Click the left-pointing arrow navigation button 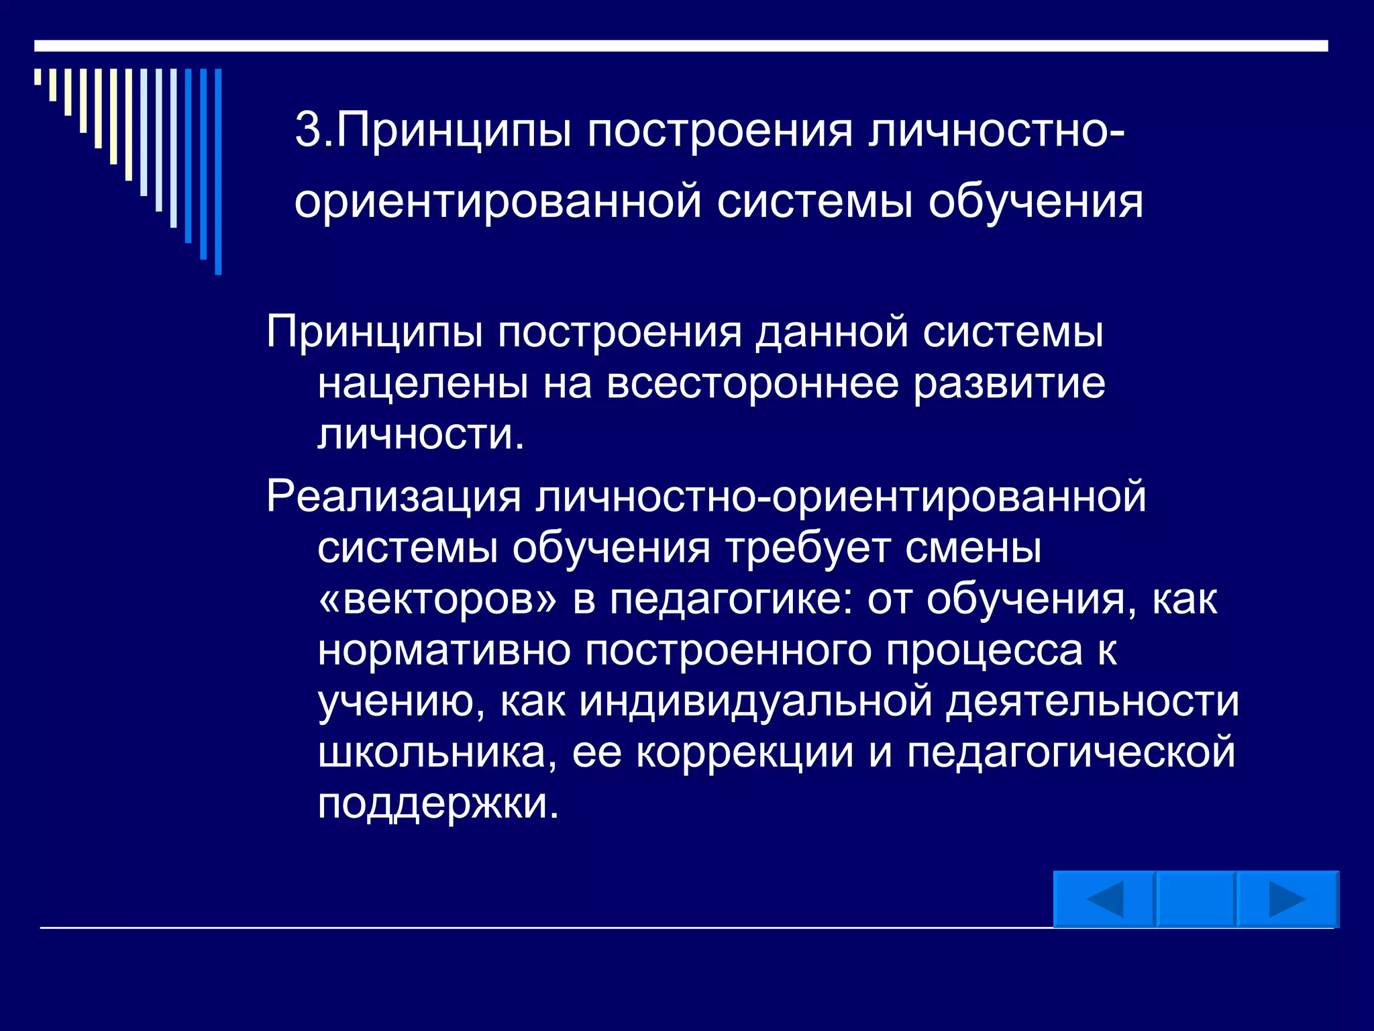1104,899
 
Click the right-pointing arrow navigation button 1287,899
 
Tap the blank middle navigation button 1196,899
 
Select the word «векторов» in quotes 437,599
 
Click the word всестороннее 753,384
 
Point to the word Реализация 394,497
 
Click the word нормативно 444,650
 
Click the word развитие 1010,384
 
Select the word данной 832,332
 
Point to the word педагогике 731,599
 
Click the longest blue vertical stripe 218,171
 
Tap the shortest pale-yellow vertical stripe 38,77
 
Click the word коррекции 745,752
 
